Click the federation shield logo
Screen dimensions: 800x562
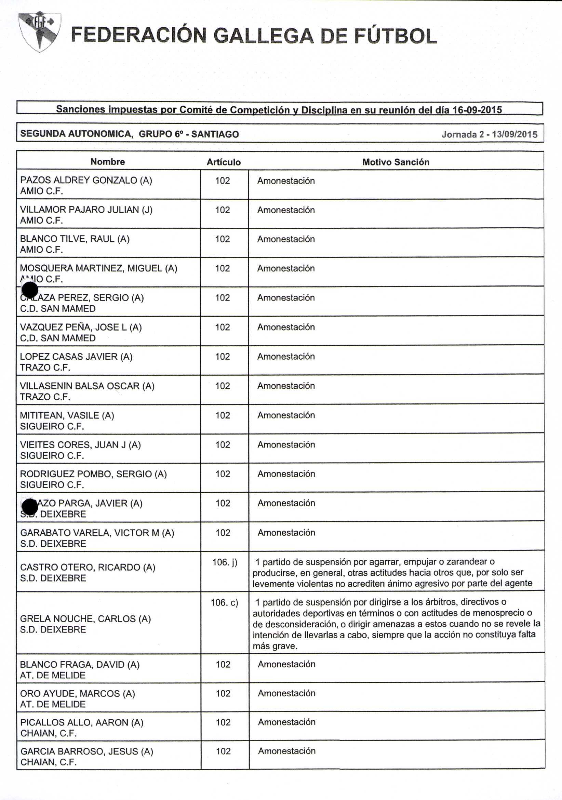pyautogui.click(x=40, y=32)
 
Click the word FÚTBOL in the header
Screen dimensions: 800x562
pyautogui.click(x=396, y=36)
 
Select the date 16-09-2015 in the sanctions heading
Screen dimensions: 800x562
pyautogui.click(x=477, y=110)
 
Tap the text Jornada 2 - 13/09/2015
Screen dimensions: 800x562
pyautogui.click(x=490, y=134)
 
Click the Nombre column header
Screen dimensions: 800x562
pyautogui.click(x=108, y=162)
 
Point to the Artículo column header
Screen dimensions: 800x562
pyautogui.click(x=224, y=162)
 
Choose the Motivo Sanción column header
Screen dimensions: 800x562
pyautogui.click(x=396, y=162)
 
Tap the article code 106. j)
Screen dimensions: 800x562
pyautogui.click(x=225, y=562)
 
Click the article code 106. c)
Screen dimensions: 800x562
pyautogui.click(x=224, y=602)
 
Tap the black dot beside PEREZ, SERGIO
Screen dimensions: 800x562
pyautogui.click(x=30, y=290)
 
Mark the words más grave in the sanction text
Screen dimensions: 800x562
pyautogui.click(x=275, y=646)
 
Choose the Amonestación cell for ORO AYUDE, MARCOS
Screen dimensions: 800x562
pyautogui.click(x=286, y=693)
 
